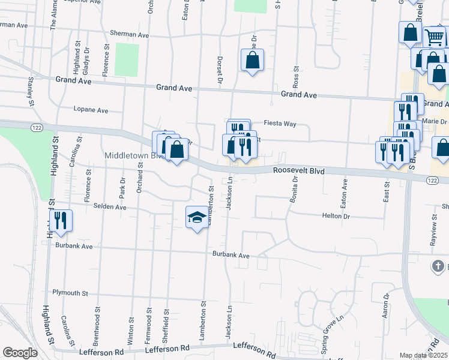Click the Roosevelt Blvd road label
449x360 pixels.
tap(298, 171)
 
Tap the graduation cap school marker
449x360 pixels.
tap(196, 217)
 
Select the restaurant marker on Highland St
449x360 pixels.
tap(61, 220)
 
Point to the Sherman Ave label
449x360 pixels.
tap(129, 35)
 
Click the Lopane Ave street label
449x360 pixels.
tap(91, 110)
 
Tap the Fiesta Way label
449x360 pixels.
tap(282, 124)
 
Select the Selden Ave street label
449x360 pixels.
tap(110, 206)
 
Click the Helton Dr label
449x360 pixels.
tap(336, 215)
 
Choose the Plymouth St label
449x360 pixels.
tap(70, 293)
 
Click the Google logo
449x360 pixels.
tap(20, 353)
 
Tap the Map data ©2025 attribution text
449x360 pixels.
tap(423, 355)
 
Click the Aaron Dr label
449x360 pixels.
tap(386, 305)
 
